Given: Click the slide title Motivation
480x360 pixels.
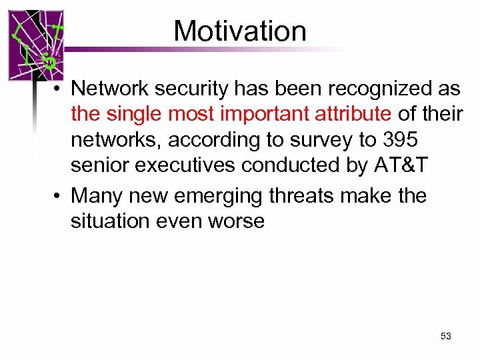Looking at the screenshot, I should tap(240, 31).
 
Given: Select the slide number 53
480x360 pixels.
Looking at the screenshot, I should tap(446, 336).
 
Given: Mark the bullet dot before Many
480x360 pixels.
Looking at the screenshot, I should tap(59, 196).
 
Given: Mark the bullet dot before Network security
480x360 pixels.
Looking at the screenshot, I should tap(59, 89).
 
